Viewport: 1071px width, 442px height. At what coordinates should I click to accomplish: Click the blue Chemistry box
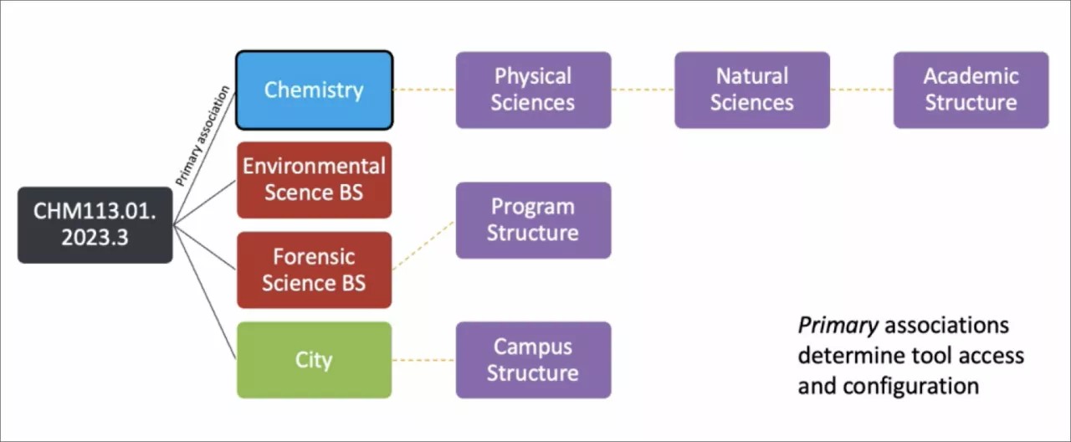tap(314, 90)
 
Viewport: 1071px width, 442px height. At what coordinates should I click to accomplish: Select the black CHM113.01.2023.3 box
tap(95, 225)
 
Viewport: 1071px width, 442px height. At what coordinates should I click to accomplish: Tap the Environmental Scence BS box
tap(314, 179)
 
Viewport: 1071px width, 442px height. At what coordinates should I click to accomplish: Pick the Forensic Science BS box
tap(314, 270)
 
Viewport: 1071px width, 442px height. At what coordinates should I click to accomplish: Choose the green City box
tap(314, 360)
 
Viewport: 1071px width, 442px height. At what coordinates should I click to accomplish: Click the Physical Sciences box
tap(533, 90)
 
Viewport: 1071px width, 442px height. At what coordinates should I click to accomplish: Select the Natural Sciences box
tap(752, 90)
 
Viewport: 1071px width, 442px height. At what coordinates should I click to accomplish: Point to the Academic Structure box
tap(971, 90)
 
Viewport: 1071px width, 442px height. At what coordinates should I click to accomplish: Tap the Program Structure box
tap(533, 220)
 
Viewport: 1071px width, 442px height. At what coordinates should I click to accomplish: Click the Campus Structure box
tap(533, 360)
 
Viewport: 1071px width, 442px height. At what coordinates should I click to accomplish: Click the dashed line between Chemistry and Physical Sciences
tap(424, 90)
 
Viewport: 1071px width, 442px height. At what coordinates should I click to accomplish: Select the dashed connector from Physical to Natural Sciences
tap(643, 90)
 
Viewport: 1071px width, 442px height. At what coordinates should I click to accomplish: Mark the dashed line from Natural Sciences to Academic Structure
tap(862, 90)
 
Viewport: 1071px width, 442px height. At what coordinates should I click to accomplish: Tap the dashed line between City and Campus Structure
tap(424, 360)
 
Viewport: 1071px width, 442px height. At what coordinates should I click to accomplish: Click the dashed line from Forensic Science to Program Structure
tap(423, 245)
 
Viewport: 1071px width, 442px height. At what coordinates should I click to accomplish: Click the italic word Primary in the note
tap(837, 325)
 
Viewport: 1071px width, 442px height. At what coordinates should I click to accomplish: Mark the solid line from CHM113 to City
tap(206, 293)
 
